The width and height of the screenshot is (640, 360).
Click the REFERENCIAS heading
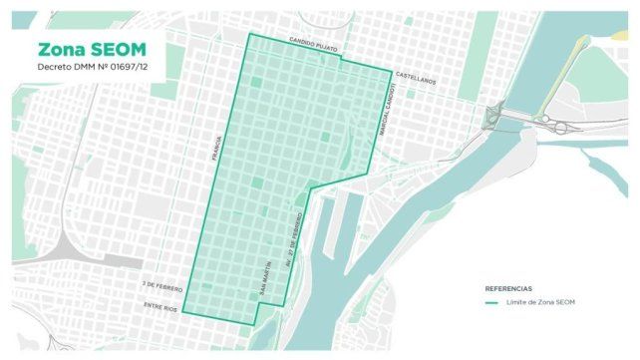point(508,286)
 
